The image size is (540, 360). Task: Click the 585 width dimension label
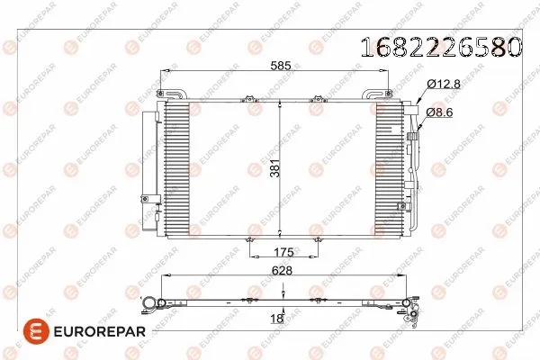(278, 66)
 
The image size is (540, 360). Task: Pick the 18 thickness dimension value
(277, 318)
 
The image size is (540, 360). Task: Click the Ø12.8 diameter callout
(442, 85)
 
